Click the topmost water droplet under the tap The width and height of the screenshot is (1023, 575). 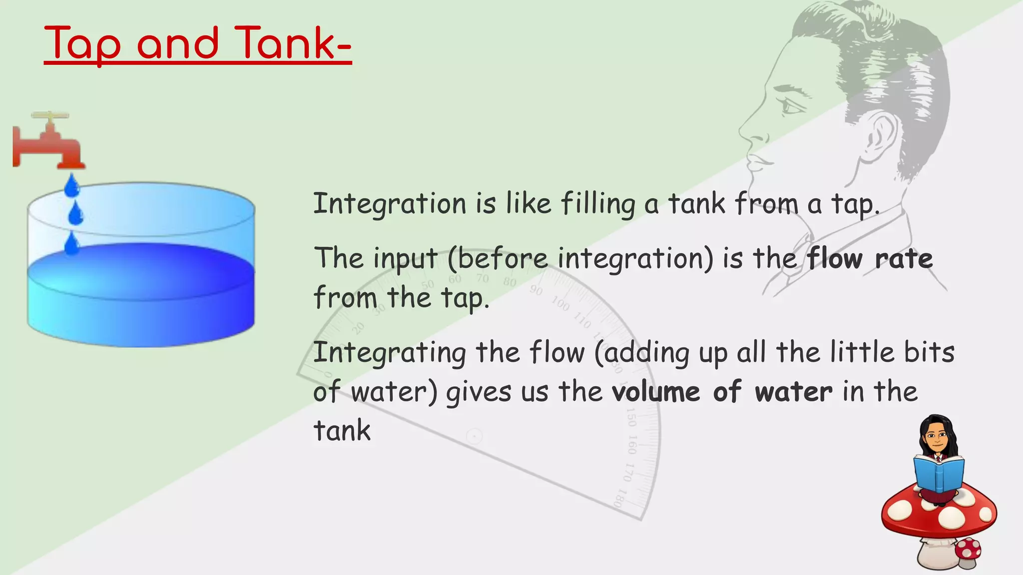pos(72,186)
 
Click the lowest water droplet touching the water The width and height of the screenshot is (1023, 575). pos(72,244)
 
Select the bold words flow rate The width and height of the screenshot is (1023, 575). pos(870,259)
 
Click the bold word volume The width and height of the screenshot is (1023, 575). pos(655,392)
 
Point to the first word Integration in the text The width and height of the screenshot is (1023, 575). pos(390,204)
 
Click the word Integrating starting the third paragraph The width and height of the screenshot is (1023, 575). pos(390,353)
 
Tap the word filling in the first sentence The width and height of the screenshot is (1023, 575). pos(598,204)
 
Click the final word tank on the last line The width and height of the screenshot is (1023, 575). pos(342,431)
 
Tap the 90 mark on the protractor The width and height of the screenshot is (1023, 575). pos(536,290)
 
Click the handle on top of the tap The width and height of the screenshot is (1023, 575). pos(50,115)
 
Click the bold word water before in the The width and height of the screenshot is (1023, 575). pos(793,392)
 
